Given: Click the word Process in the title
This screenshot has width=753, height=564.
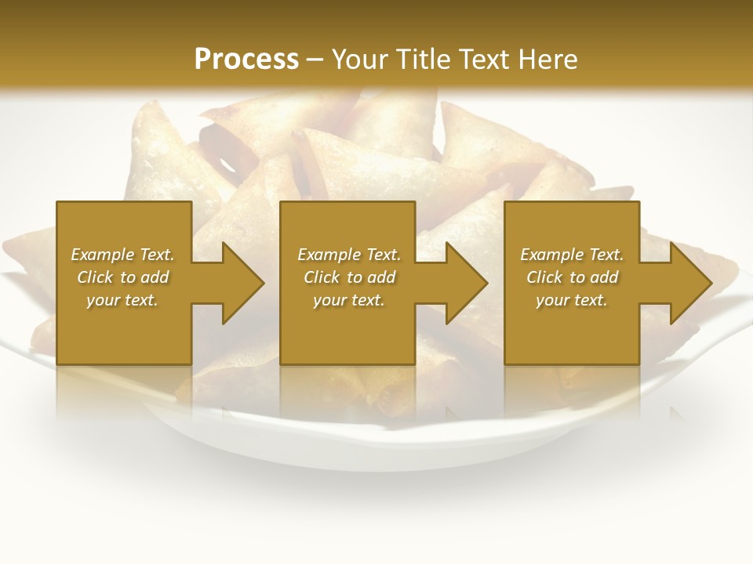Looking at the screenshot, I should click(246, 59).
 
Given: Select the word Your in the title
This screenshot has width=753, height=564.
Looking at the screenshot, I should click(362, 59).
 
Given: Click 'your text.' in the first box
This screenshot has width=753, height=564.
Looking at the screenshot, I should click(122, 300).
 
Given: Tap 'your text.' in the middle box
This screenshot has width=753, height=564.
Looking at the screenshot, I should click(348, 300).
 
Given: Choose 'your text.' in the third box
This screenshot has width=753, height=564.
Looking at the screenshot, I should click(572, 300).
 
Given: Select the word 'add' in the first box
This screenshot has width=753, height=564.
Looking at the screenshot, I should click(155, 277).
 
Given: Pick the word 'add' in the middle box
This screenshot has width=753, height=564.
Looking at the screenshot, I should click(381, 277).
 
